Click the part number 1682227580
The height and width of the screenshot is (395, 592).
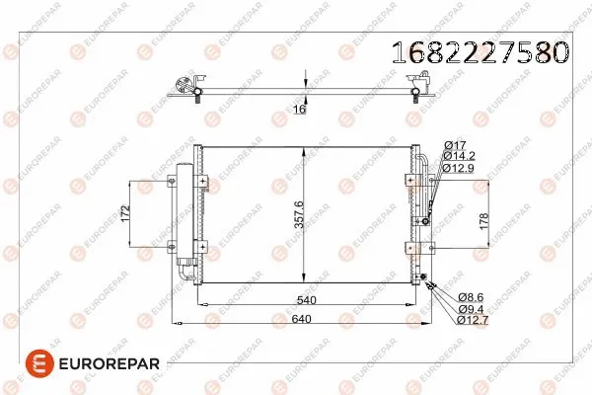[481, 51]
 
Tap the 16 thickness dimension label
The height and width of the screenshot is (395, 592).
[299, 110]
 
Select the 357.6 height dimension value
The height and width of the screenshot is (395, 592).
[299, 214]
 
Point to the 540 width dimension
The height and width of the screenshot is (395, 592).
[306, 300]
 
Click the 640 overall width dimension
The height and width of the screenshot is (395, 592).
[301, 319]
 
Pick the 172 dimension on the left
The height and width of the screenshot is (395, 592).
[125, 213]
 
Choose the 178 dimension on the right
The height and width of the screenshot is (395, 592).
[483, 221]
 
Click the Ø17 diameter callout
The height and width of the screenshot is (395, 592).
[455, 145]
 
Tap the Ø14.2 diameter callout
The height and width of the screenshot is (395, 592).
[459, 156]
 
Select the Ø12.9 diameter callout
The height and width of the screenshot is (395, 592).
[459, 168]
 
